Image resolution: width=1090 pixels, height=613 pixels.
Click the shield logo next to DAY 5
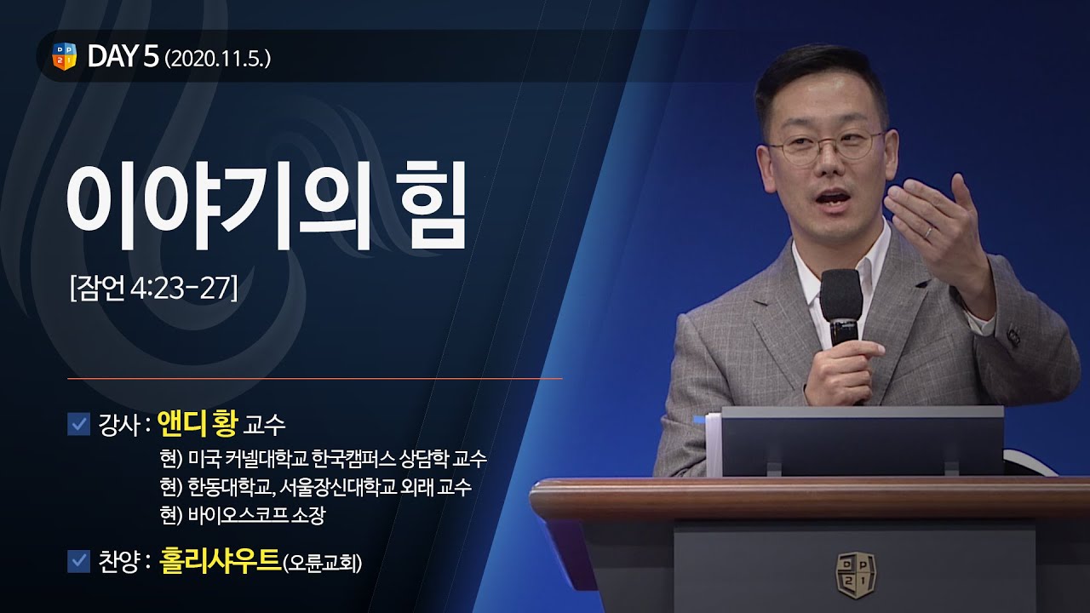[65, 56]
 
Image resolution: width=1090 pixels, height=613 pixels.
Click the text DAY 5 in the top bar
[123, 57]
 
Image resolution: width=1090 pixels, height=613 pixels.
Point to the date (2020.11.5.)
[218, 59]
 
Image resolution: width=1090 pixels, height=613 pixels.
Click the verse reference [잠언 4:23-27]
[152, 288]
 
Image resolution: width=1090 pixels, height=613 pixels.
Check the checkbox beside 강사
[78, 423]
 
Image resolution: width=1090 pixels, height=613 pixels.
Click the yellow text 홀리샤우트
[220, 561]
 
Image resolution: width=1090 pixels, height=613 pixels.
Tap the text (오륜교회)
[322, 563]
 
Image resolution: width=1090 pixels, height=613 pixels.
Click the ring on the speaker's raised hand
[930, 232]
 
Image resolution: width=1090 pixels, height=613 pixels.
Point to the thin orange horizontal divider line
[314, 377]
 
